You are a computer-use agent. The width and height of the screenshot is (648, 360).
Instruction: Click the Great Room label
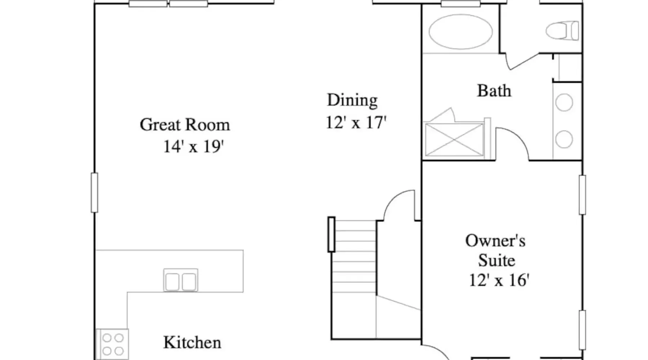point(185,125)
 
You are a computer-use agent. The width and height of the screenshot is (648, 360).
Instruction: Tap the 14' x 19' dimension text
point(194,147)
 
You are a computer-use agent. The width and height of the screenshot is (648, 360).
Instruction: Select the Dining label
point(352,100)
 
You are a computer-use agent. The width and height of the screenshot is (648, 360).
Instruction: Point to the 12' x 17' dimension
point(356,122)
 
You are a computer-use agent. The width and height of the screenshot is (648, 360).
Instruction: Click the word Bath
point(494,91)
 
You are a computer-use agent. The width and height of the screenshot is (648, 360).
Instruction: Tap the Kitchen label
point(192,342)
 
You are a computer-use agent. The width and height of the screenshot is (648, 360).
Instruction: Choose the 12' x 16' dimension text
point(499,280)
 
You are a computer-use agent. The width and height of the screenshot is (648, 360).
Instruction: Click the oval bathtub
point(461,32)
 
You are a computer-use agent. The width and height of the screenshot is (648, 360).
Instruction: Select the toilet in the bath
point(562,31)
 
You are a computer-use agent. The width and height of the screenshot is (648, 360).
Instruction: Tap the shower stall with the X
point(454,140)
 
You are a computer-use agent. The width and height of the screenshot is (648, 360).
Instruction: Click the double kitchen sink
point(181,280)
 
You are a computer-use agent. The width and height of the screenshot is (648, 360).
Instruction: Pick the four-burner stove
point(112,344)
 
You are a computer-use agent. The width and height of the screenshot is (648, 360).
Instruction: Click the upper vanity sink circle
point(564,103)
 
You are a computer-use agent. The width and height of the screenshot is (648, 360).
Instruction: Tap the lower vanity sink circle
point(564,139)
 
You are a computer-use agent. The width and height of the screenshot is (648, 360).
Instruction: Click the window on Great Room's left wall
point(94,193)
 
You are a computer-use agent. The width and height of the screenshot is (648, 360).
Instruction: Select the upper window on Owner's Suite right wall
point(582,195)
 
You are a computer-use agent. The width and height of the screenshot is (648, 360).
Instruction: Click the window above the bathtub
point(461,4)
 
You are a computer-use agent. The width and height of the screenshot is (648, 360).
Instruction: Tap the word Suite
point(496,260)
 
